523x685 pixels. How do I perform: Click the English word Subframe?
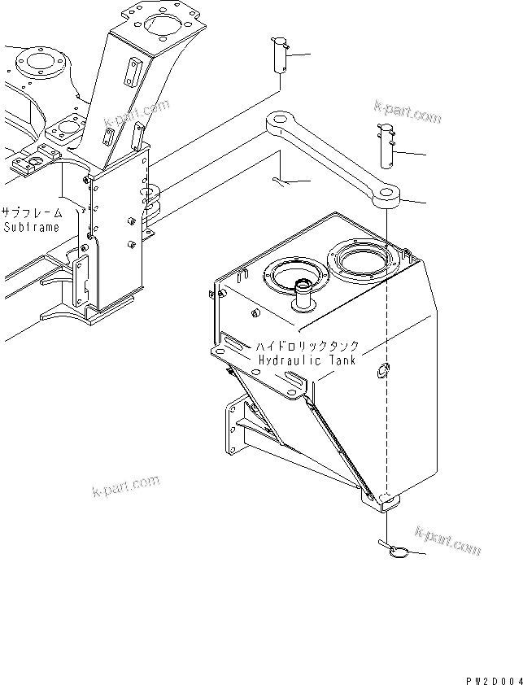31,227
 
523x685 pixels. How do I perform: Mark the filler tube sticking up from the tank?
304,295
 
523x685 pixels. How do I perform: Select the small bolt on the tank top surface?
255,313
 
